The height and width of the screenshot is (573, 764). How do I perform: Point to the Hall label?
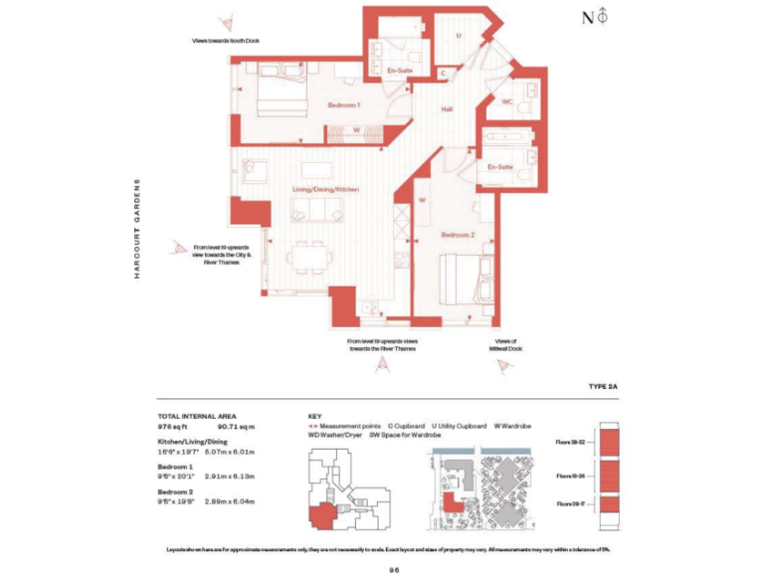coord(447,109)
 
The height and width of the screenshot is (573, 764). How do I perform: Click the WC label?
coord(506,102)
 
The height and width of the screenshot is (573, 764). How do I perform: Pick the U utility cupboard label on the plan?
coord(459,36)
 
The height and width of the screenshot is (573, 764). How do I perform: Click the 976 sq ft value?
coord(173,425)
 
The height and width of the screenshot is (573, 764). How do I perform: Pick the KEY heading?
coord(314,415)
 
